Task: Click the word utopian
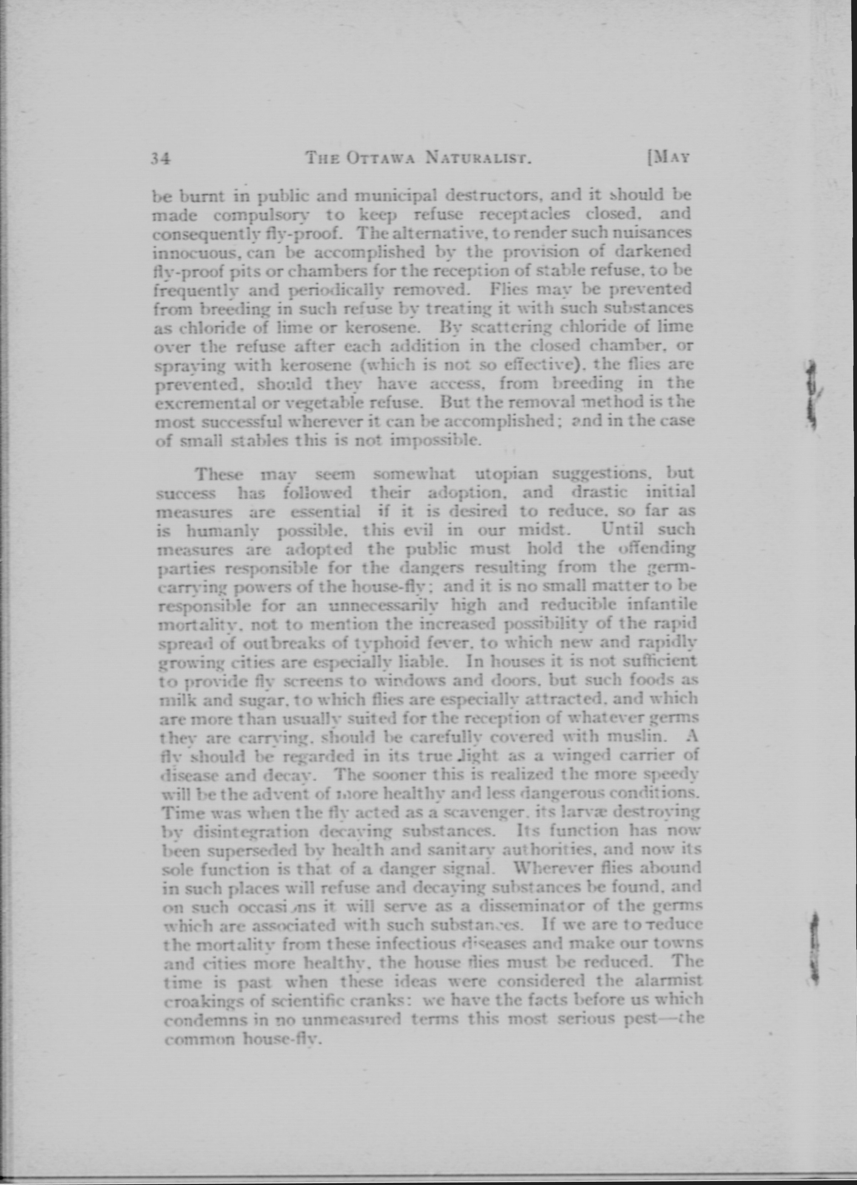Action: [x=506, y=474]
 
